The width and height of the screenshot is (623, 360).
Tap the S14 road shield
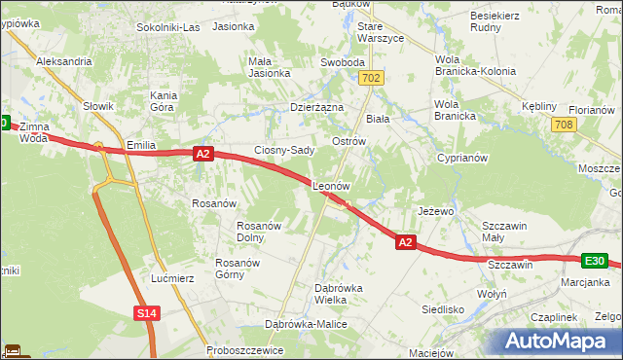click(x=146, y=312)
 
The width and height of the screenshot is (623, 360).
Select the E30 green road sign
click(x=596, y=261)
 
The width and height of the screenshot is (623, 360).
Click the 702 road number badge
click(x=370, y=77)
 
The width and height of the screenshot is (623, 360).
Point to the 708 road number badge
click(x=562, y=125)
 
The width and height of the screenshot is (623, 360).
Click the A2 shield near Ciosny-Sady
click(x=202, y=154)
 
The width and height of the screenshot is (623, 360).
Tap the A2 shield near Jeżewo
click(x=407, y=243)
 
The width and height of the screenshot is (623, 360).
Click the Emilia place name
click(x=142, y=146)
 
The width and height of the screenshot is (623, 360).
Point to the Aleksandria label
click(x=64, y=60)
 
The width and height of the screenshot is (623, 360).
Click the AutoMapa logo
click(x=555, y=342)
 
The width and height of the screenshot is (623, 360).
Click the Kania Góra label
click(x=164, y=102)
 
